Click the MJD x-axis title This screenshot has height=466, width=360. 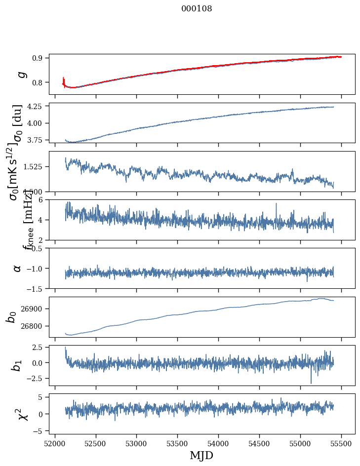(x=201, y=455)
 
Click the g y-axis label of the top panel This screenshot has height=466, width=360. (x=20, y=74)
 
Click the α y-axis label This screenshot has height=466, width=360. (x=18, y=268)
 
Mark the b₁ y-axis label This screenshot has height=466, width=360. (x=17, y=365)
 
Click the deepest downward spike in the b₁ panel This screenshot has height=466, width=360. (x=311, y=383)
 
